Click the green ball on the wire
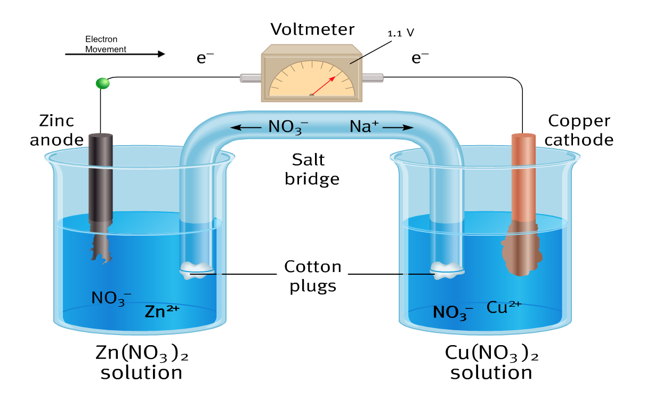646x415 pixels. [102, 83]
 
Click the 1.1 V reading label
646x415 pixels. [401, 33]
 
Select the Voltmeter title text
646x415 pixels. [312, 29]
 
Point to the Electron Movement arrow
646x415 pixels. [115, 54]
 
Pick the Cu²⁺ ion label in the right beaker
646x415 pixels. [504, 307]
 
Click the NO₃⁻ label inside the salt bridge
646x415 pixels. [288, 127]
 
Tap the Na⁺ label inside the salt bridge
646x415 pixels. [364, 127]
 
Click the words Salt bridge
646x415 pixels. [312, 169]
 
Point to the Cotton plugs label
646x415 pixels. [312, 276]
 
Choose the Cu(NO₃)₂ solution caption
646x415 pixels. [491, 361]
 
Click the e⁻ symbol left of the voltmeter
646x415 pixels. [205, 58]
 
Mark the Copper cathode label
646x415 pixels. [579, 130]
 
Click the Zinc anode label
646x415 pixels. [56, 130]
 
